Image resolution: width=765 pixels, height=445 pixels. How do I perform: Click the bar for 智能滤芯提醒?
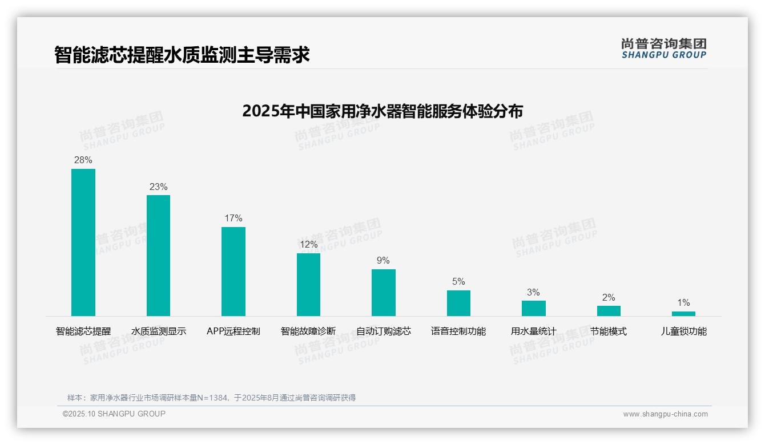pyautogui.click(x=83, y=242)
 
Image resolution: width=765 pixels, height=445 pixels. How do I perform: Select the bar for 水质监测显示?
pyautogui.click(x=158, y=256)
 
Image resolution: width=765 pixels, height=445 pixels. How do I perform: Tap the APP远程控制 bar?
pyautogui.click(x=233, y=272)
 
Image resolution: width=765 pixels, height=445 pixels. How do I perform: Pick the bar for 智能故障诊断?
pyautogui.click(x=308, y=285)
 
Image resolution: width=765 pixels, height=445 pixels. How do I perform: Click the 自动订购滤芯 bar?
pyautogui.click(x=384, y=293)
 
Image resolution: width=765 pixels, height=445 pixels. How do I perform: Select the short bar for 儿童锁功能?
pyautogui.click(x=683, y=314)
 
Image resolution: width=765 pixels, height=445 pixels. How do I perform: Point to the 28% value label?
pyautogui.click(x=83, y=160)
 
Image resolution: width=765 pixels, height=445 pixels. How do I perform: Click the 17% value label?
pyautogui.click(x=233, y=219)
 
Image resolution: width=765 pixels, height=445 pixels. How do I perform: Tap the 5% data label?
pyautogui.click(x=458, y=282)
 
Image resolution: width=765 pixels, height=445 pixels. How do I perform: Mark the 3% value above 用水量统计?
pyautogui.click(x=533, y=293)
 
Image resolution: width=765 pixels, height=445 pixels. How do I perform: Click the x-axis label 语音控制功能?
pyautogui.click(x=458, y=331)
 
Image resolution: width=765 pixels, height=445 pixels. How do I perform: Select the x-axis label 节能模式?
pyautogui.click(x=609, y=331)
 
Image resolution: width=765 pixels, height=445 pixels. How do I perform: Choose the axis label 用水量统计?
pyautogui.click(x=533, y=331)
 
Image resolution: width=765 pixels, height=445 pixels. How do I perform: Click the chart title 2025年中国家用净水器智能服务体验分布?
pyautogui.click(x=382, y=111)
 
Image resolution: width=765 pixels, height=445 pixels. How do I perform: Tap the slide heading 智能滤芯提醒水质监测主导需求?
pyautogui.click(x=182, y=55)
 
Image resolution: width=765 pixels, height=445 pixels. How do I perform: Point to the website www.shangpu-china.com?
pyautogui.click(x=665, y=414)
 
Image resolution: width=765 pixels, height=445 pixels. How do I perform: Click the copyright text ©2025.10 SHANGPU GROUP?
pyautogui.click(x=114, y=414)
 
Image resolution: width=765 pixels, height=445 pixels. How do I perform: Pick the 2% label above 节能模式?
pyautogui.click(x=609, y=298)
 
